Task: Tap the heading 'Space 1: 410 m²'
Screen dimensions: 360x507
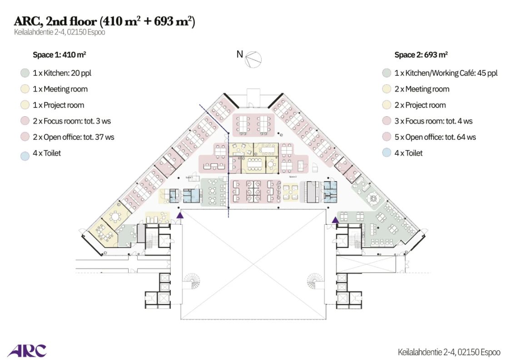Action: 60,55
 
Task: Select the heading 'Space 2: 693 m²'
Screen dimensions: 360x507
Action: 421,55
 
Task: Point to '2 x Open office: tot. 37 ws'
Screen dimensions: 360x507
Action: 73,137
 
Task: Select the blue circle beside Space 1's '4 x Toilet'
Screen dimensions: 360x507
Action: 25,153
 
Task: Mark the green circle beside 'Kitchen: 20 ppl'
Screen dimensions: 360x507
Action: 25,73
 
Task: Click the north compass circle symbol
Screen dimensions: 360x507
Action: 253,59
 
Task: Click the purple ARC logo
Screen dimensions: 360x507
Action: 27,350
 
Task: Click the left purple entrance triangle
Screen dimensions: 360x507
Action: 180,215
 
